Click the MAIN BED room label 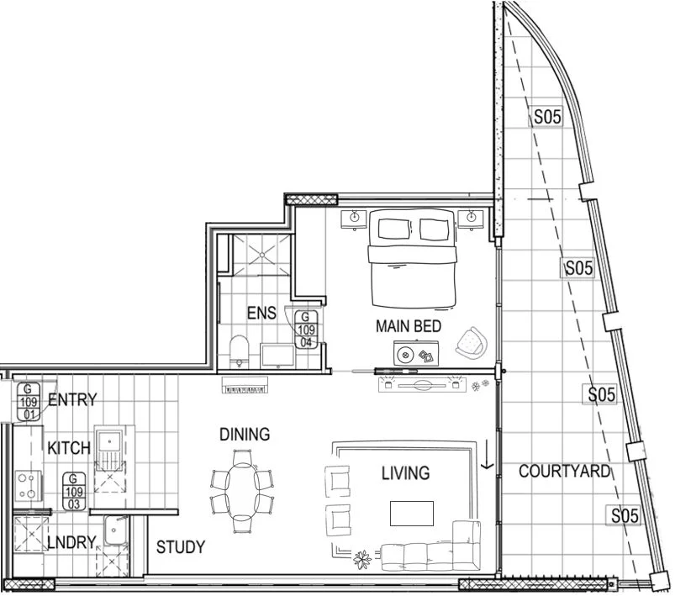(x=409, y=326)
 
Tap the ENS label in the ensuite (x=261, y=313)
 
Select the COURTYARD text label (x=564, y=471)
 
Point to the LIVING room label (x=405, y=473)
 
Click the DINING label (x=245, y=435)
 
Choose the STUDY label (x=181, y=547)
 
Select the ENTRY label (x=72, y=400)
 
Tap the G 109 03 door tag (x=74, y=491)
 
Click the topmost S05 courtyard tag (x=546, y=118)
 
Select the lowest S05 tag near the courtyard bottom (x=624, y=516)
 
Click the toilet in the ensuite (x=239, y=352)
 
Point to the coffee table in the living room (x=411, y=512)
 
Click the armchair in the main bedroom (x=472, y=341)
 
